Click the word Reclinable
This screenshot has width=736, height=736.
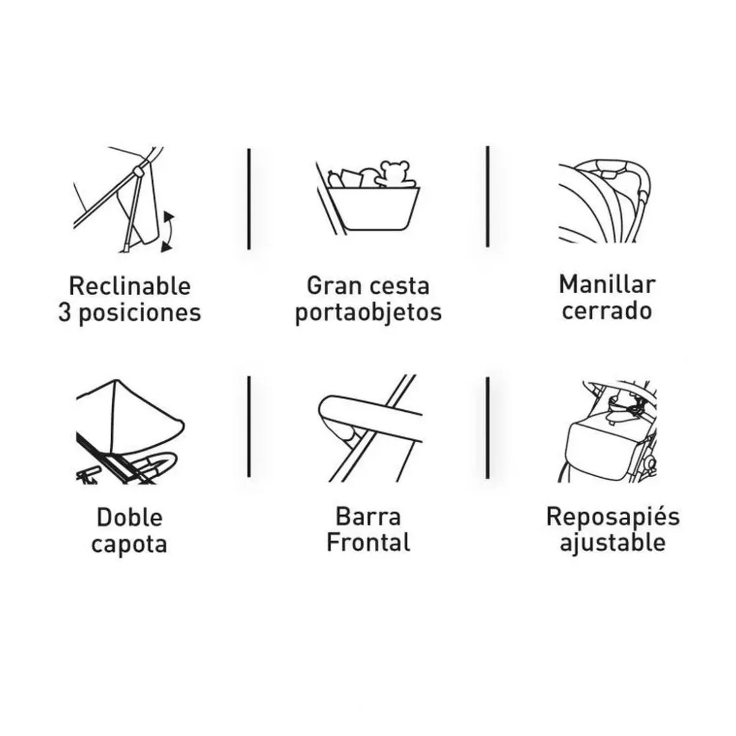[x=129, y=286]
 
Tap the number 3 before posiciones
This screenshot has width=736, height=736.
[x=65, y=313]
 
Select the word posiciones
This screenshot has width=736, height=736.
[x=140, y=313]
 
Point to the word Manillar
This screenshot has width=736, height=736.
[x=607, y=284]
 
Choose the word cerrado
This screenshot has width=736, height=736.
[x=607, y=311]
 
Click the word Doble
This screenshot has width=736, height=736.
[x=129, y=518]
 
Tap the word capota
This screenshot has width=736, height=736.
[x=129, y=544]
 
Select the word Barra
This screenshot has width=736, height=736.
[x=368, y=516]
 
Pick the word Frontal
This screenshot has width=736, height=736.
[x=368, y=543]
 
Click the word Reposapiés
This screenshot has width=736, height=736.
[x=612, y=516]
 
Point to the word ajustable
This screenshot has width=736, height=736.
[x=612, y=543]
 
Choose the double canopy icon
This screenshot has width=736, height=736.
[x=129, y=431]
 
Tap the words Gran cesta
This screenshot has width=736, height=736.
[x=368, y=286]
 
